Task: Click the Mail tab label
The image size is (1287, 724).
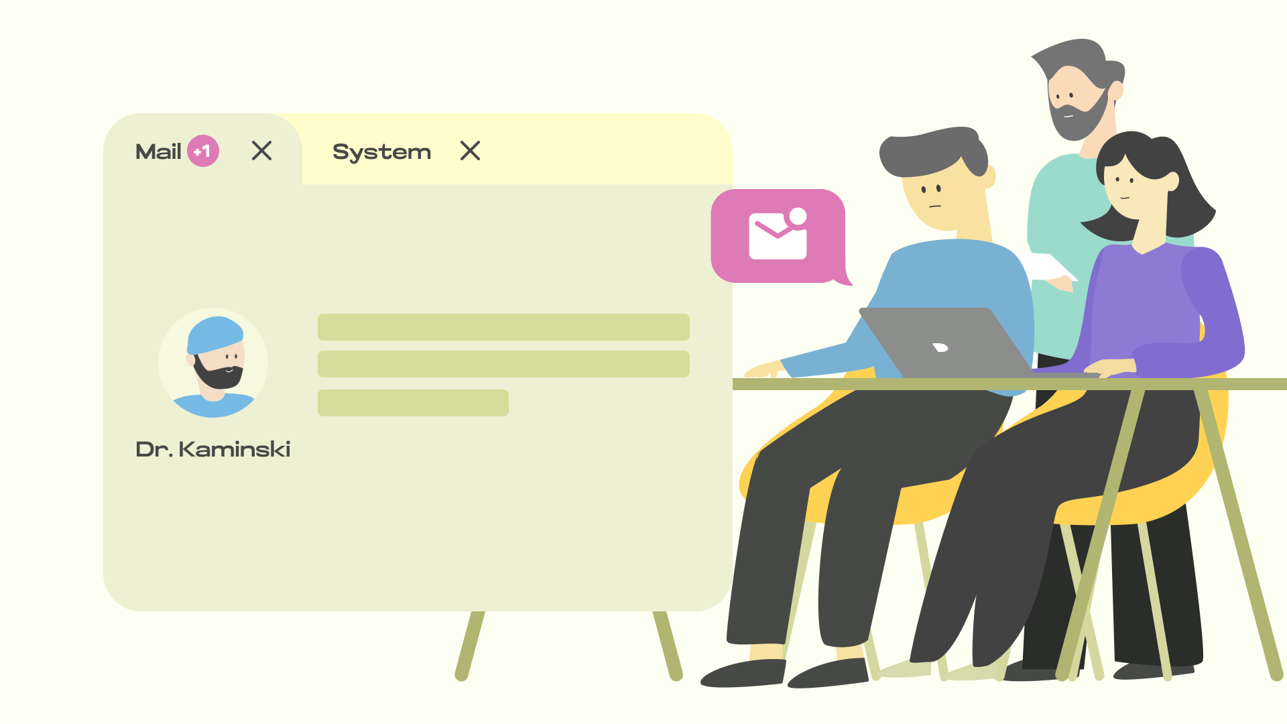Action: point(158,152)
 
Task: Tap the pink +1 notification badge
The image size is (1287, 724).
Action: point(203,151)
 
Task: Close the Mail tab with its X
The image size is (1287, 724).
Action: point(261,151)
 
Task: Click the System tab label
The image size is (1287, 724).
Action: point(381,152)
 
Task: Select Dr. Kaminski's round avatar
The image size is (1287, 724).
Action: point(213,363)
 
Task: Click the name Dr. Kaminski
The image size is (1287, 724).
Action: point(213,449)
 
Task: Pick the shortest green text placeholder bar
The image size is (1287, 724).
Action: point(413,403)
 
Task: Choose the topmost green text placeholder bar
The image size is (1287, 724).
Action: point(503,327)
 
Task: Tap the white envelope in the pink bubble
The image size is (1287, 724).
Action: point(778,235)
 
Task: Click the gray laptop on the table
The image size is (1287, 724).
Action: point(952,342)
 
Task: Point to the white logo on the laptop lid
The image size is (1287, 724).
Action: point(940,347)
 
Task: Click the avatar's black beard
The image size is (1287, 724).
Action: point(218,375)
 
